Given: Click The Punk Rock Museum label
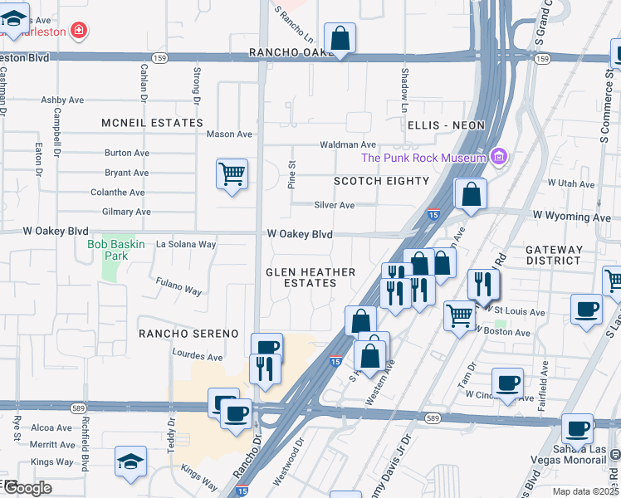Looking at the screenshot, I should click(423, 159).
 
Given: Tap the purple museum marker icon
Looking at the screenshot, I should click(498, 156).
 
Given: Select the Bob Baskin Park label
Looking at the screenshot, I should click(115, 250).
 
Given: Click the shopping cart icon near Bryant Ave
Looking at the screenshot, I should click(232, 174).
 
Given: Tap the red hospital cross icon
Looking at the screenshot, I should click(79, 31).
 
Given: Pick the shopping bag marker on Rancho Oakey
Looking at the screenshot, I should click(340, 38).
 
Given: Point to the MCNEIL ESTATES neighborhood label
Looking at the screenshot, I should click(152, 123).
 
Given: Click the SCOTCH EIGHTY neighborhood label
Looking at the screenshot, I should click(381, 181).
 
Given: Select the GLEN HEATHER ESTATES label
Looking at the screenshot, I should click(310, 277).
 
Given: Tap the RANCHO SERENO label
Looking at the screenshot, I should click(183, 333).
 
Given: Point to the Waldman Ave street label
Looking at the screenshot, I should click(348, 144).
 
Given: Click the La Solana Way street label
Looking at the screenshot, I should click(186, 245).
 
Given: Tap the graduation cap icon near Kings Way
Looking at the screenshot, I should click(130, 461).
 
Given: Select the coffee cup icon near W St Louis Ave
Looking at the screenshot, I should click(586, 310).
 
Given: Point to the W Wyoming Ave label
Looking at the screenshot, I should click(571, 217).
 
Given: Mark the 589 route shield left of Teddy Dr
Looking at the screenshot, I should click(101, 408).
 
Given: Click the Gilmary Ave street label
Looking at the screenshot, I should click(125, 212).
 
